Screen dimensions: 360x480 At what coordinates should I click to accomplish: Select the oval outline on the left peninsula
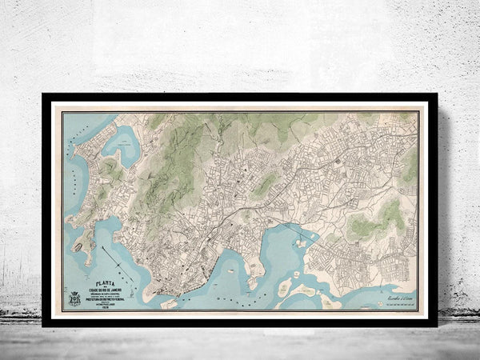click(77, 248)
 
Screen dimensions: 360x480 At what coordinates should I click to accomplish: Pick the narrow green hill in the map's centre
click(266, 186)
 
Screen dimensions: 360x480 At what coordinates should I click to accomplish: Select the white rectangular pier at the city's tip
click(169, 304)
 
